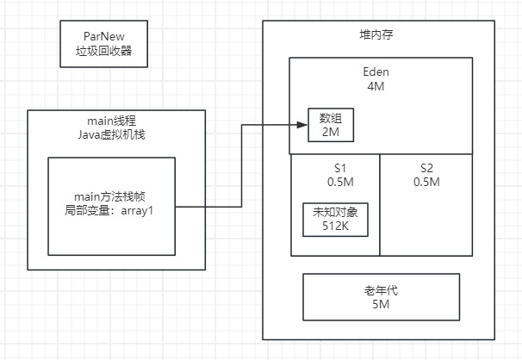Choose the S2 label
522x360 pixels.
click(426, 166)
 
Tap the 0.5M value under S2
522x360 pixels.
click(426, 182)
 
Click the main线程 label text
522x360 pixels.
click(116, 121)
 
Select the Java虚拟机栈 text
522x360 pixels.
click(116, 135)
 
